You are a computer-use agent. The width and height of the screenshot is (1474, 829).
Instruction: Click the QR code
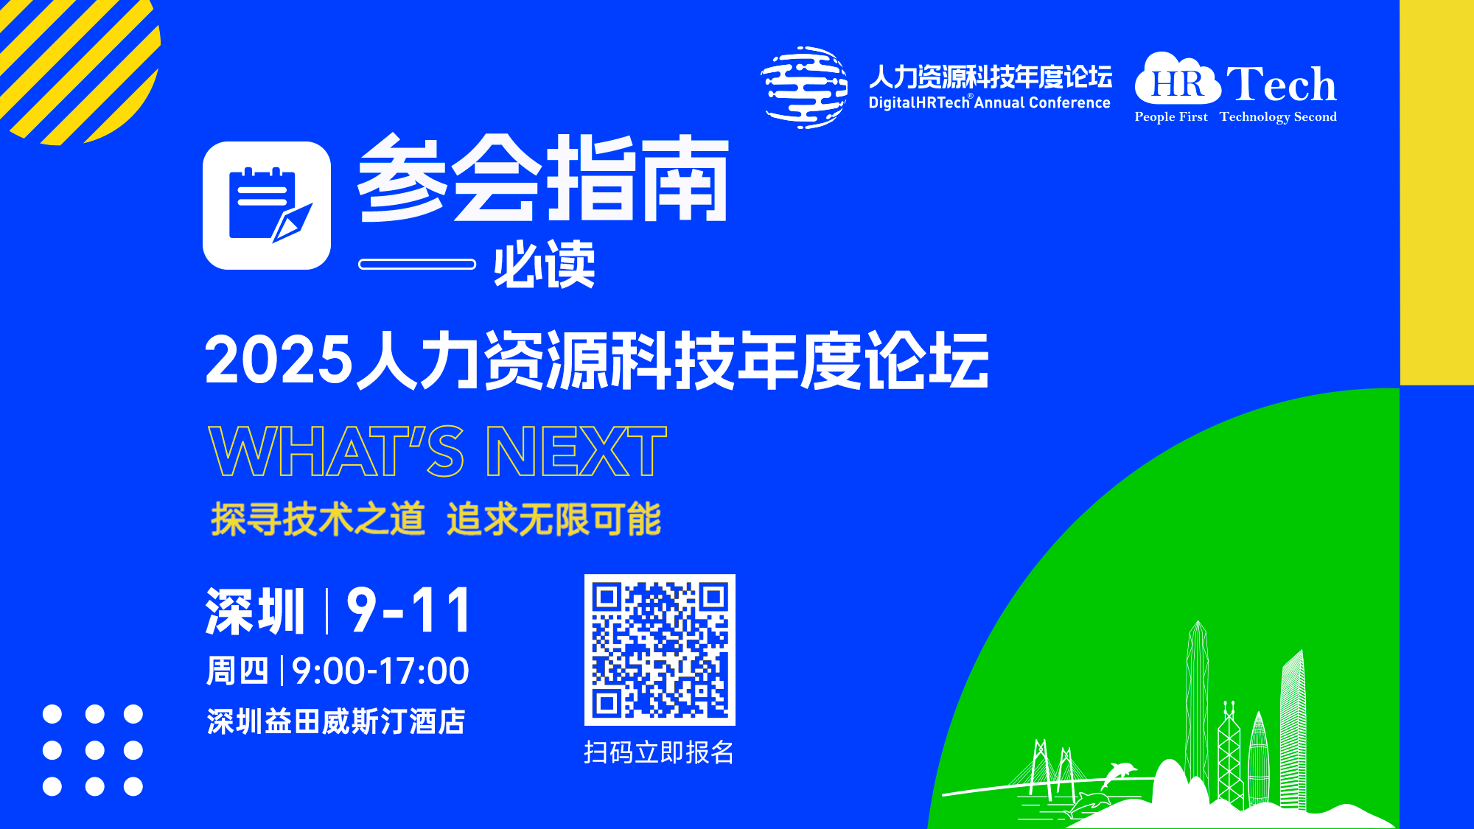(660, 649)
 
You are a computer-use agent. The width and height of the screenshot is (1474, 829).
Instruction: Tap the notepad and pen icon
(267, 206)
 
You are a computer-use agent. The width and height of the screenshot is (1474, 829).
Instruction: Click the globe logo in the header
(804, 88)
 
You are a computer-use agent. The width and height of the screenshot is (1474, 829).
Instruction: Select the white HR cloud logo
(1178, 79)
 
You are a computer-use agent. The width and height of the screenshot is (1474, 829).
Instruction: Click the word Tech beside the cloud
(1281, 83)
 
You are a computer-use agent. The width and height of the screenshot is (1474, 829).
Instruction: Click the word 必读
(544, 264)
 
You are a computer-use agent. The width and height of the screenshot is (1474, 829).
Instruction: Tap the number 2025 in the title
(279, 360)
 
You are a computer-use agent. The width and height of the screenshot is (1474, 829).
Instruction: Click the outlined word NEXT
(576, 452)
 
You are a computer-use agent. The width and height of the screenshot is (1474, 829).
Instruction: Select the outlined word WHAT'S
(337, 452)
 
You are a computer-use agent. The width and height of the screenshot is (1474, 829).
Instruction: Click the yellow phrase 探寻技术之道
(318, 519)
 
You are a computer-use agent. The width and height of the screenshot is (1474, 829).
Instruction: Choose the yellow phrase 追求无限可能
(554, 519)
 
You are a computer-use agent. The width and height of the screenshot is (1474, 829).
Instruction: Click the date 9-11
(409, 610)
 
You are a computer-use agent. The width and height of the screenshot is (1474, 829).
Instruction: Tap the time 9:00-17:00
(380, 671)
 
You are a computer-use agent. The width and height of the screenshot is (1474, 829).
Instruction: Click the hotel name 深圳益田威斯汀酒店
(336, 721)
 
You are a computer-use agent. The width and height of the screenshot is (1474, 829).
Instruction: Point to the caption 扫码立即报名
(659, 752)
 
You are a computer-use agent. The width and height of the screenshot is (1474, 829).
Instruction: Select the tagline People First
(1171, 116)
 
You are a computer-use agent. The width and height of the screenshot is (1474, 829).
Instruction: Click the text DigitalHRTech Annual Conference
(989, 102)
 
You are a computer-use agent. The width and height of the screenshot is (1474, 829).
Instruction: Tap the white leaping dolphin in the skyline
(1119, 774)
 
